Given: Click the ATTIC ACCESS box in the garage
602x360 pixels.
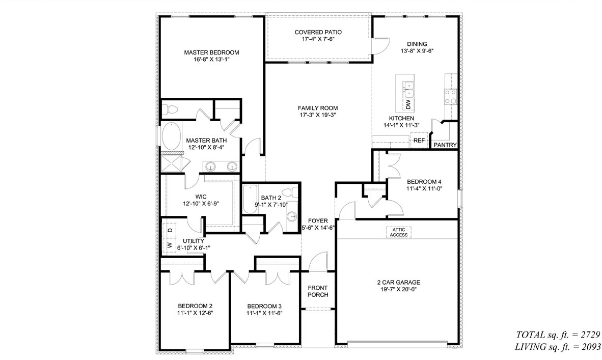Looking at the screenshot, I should [399, 232].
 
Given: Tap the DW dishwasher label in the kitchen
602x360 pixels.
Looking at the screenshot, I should [408, 104].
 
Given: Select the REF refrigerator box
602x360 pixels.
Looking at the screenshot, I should [419, 141].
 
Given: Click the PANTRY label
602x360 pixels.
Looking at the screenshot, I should [445, 145].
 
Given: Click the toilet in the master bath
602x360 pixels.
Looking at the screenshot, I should [171, 109].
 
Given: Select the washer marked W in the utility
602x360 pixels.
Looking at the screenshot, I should [170, 245].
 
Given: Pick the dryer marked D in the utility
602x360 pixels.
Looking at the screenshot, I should [170, 230].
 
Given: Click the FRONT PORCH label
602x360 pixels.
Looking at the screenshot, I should [318, 291].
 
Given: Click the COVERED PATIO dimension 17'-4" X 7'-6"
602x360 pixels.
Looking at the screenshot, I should [318, 40].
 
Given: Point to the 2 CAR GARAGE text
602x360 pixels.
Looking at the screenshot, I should [398, 282].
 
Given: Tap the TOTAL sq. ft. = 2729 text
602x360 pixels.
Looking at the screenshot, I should [559, 335].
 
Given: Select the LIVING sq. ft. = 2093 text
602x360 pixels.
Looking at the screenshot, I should [559, 347].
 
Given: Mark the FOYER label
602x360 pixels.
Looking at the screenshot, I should [318, 220].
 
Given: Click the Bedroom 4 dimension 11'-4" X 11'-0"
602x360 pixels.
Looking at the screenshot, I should [424, 189].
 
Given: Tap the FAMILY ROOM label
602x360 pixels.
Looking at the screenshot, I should [318, 108].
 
